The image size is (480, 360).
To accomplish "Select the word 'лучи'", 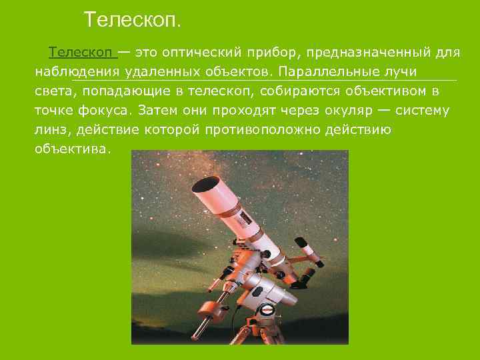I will click(x=402, y=71).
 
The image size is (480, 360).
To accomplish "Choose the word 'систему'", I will click(x=426, y=110).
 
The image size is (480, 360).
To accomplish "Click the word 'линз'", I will click(x=51, y=129).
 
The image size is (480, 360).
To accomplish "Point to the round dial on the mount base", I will click(x=268, y=309).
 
